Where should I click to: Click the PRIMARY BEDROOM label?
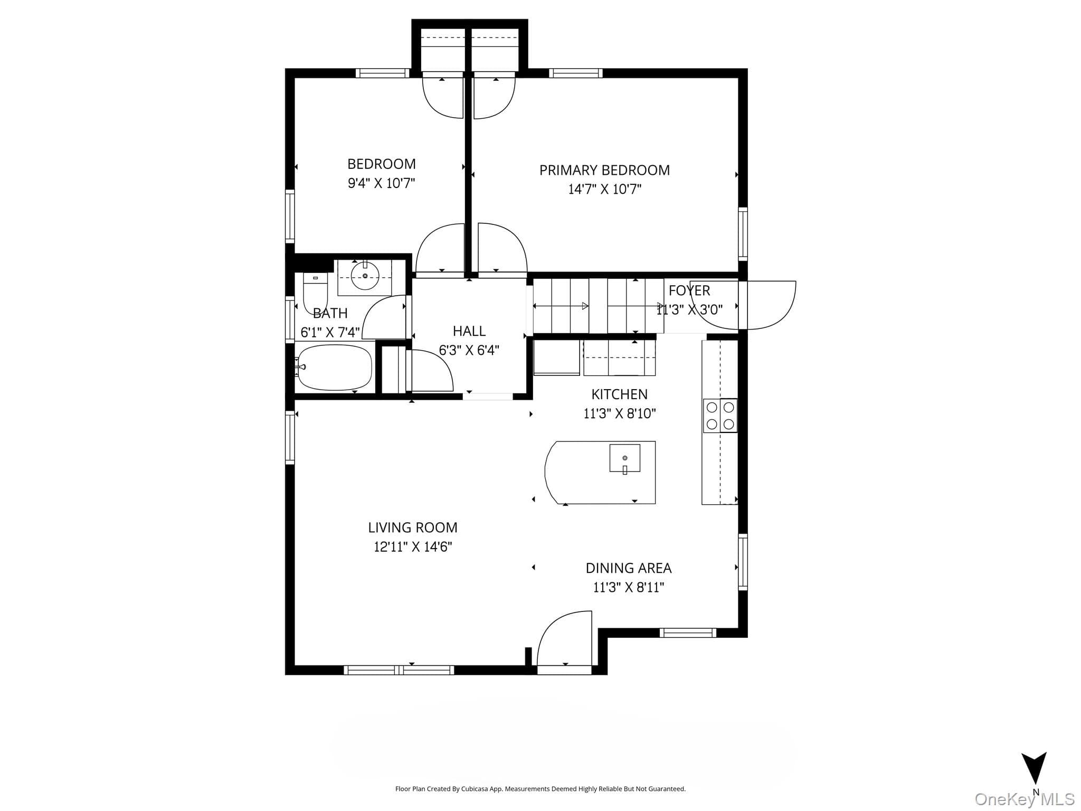tap(604, 170)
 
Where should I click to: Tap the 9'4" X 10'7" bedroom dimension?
tap(381, 183)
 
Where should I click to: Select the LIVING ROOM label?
tap(413, 527)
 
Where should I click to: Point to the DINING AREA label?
tap(629, 568)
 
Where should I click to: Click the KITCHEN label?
tap(619, 394)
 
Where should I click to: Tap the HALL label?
tap(469, 331)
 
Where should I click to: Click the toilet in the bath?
tap(315, 293)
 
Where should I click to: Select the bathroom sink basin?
tap(365, 276)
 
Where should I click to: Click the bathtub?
tap(334, 367)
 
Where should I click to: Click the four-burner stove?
tap(720, 416)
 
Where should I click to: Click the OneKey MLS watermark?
tap(1025, 799)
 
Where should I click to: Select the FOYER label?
tap(689, 290)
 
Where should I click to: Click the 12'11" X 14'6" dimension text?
tap(413, 546)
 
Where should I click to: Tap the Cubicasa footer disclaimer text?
tap(540, 789)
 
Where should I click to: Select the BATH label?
tap(330, 314)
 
